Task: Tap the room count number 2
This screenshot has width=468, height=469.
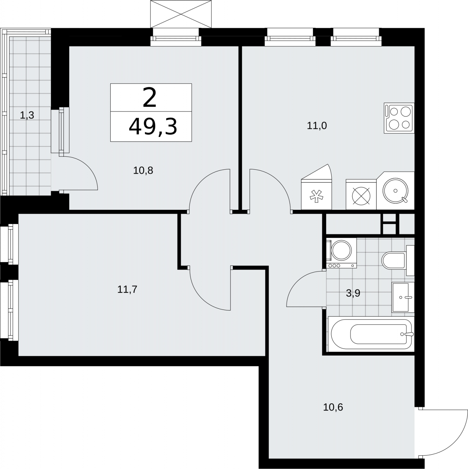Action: point(149,98)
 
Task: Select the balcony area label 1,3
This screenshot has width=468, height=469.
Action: point(27,115)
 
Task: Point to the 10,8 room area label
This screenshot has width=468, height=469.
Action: point(143,171)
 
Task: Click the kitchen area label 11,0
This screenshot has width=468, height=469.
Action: point(317,126)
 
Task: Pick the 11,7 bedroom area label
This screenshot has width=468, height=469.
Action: point(127,289)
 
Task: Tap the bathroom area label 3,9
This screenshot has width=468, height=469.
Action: point(353,293)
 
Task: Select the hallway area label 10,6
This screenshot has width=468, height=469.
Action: point(333,407)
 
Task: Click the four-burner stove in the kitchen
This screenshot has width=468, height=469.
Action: point(399,118)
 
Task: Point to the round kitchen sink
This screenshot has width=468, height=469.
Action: point(395,191)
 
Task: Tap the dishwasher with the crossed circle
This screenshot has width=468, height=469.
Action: point(361,194)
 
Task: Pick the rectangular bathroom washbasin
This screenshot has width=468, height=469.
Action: point(403,297)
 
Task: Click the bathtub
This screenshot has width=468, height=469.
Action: point(371,334)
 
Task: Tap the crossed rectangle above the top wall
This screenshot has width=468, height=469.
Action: point(181,14)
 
